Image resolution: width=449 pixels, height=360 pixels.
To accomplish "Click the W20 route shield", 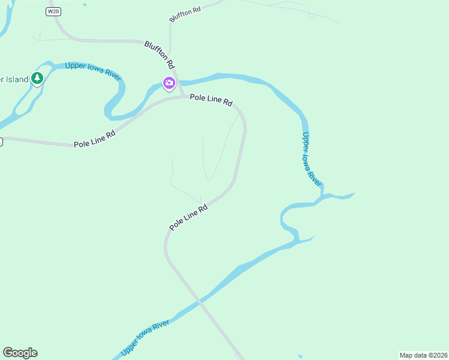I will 53,11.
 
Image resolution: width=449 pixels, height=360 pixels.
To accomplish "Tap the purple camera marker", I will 169,83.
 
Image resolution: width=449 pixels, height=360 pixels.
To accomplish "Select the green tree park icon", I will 37,78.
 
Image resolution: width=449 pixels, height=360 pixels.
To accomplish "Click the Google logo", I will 20,353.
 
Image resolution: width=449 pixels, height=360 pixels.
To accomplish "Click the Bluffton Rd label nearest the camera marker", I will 160,54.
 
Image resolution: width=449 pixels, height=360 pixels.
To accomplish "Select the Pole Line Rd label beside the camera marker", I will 211,100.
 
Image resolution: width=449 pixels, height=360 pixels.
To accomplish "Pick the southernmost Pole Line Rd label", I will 188,217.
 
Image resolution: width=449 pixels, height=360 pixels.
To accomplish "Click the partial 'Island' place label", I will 14,79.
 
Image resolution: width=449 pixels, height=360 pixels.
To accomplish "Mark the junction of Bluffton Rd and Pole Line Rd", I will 182,96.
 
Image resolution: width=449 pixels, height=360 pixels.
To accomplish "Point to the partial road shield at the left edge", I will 1,142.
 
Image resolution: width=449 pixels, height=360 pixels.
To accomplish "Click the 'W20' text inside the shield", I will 53,11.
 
